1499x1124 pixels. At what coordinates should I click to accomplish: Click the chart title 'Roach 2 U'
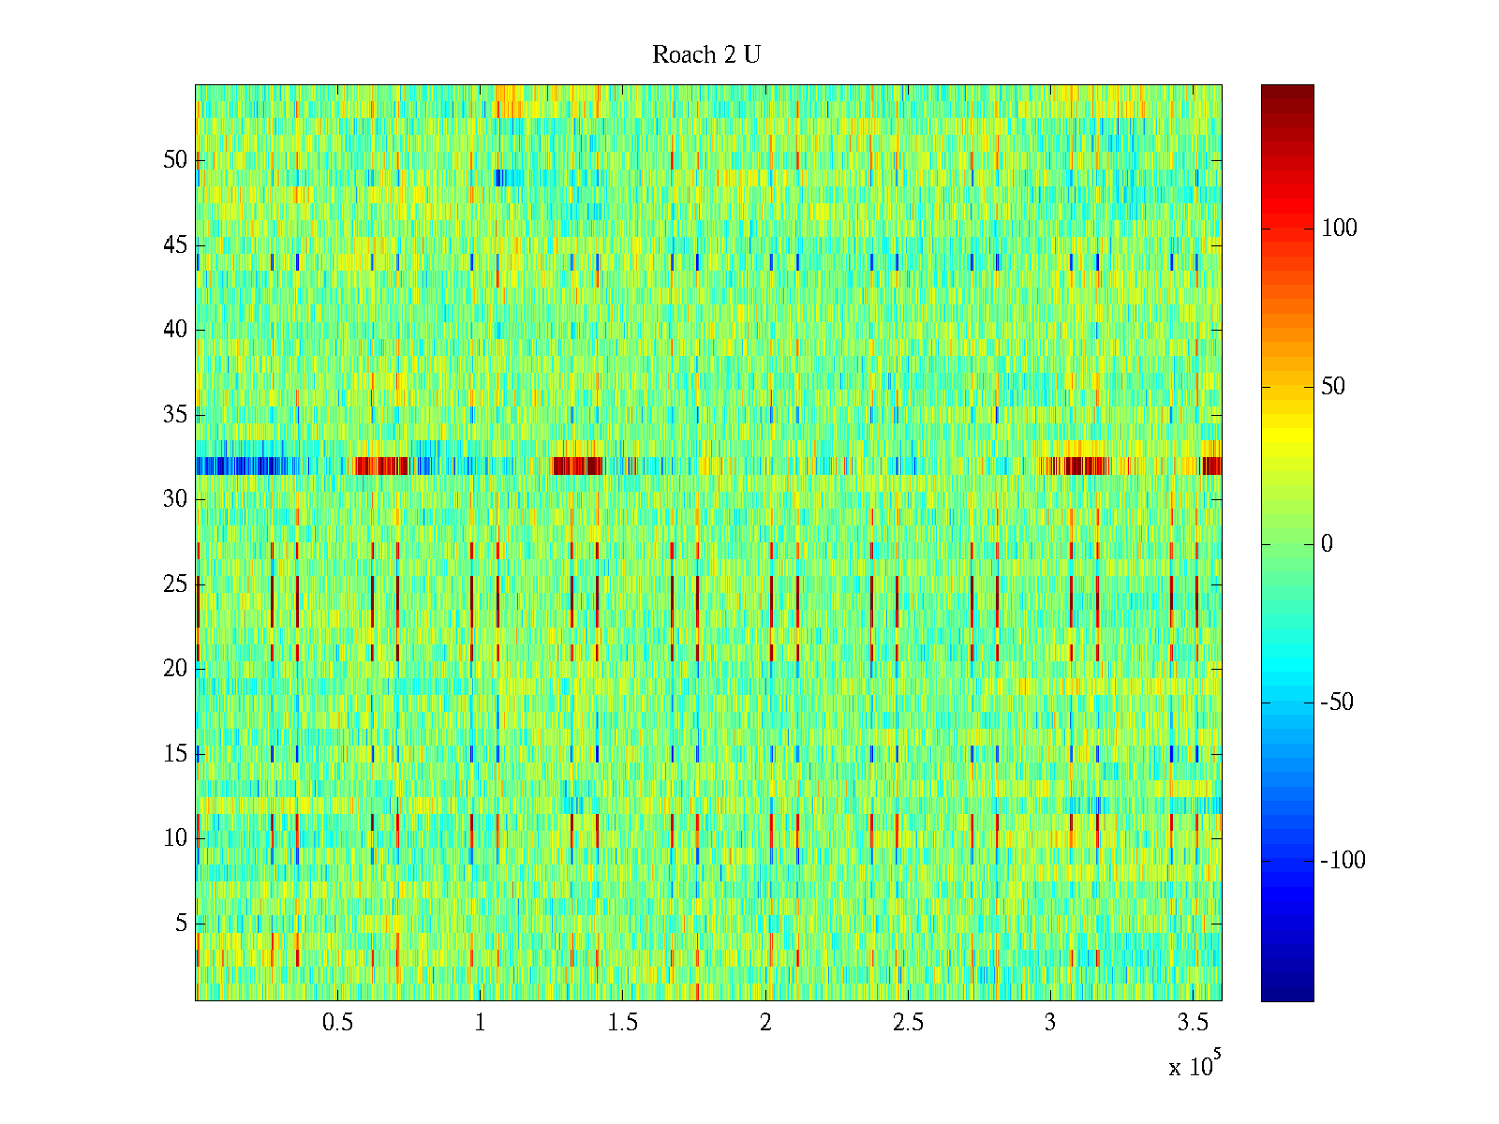pos(705,55)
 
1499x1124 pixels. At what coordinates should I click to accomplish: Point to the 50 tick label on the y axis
pos(175,160)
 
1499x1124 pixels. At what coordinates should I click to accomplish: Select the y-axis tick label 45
pos(175,245)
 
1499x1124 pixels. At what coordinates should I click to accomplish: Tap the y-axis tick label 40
pos(175,330)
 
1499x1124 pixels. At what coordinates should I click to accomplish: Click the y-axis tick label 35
pos(175,415)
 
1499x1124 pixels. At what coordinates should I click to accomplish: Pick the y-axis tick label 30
pos(175,499)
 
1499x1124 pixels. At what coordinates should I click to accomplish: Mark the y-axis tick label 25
pos(175,584)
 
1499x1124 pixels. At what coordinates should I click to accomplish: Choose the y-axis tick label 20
pos(175,669)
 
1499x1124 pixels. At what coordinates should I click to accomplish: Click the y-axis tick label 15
pos(175,754)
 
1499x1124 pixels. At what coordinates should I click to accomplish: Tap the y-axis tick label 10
pos(175,838)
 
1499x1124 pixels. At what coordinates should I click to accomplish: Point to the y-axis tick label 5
pos(181,924)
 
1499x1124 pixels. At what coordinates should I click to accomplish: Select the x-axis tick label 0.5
pos(337,1023)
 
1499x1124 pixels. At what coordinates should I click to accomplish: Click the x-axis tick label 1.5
pos(623,1023)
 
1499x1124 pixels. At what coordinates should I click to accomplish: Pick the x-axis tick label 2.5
pos(908,1023)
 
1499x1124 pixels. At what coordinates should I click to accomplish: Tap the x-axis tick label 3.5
pos(1193,1023)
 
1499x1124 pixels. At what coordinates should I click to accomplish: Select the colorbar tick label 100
pos(1339,229)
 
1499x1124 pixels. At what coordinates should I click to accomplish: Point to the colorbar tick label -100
pos(1343,861)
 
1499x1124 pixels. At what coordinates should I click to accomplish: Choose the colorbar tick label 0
pos(1327,545)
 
